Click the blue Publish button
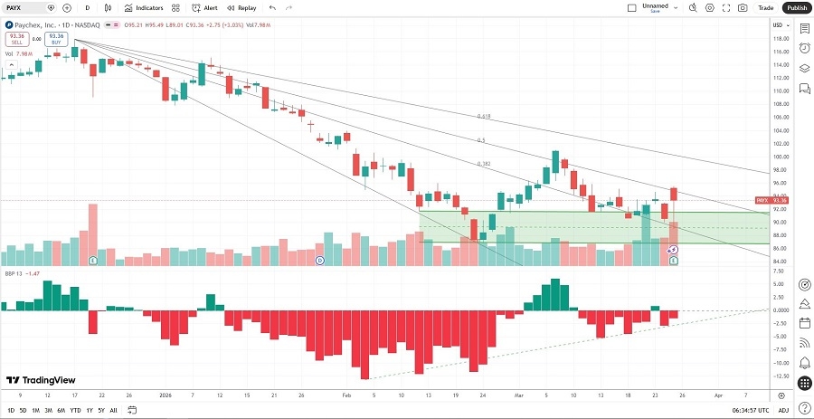click(x=796, y=7)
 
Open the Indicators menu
click(x=144, y=7)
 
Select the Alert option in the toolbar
click(x=204, y=7)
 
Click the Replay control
click(x=241, y=7)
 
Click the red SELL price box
click(x=15, y=40)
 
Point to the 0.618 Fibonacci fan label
click(x=485, y=117)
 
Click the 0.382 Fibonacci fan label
click(x=485, y=164)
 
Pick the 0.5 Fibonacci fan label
click(x=481, y=140)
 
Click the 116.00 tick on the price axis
click(x=779, y=51)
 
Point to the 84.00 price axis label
click(x=779, y=262)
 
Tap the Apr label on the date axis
click(x=718, y=395)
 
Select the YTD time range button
click(x=75, y=411)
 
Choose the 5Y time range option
click(x=100, y=411)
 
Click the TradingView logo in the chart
click(x=41, y=381)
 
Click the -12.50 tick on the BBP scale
click(x=780, y=376)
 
